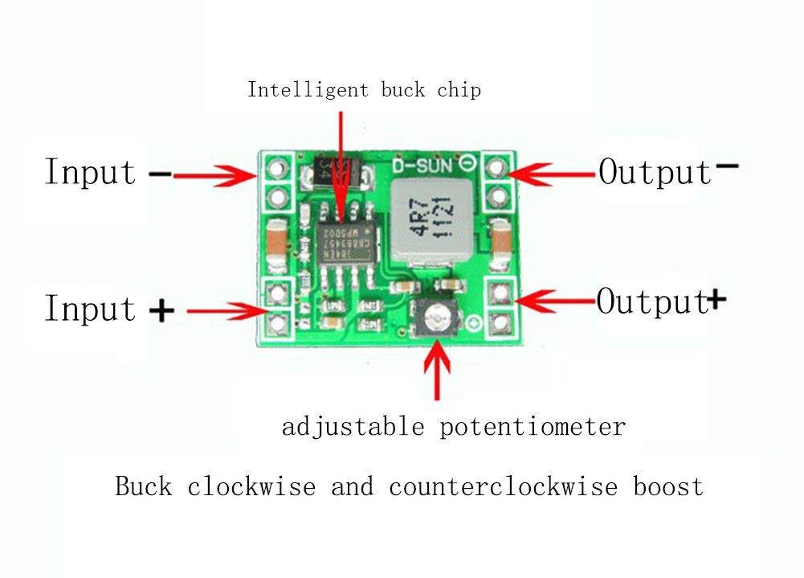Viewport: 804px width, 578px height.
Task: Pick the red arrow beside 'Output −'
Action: (x=554, y=171)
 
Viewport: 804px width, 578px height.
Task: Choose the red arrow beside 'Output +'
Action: (x=556, y=300)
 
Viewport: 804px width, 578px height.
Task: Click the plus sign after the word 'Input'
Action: (x=162, y=310)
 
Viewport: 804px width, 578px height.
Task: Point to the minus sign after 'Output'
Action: (x=728, y=166)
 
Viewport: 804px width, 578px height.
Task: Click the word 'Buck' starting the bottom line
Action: (x=144, y=486)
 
